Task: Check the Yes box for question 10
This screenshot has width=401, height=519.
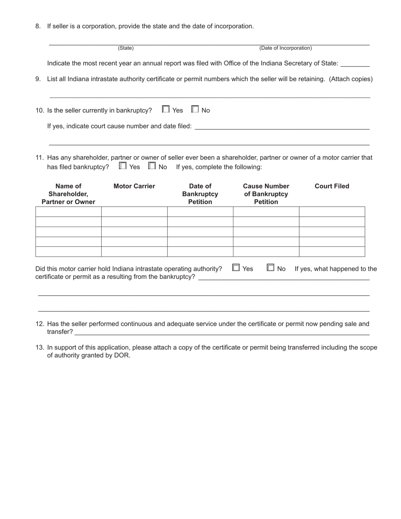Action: coord(166,109)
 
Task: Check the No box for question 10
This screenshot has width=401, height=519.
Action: coord(195,109)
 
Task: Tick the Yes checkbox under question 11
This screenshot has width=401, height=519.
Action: coord(122,166)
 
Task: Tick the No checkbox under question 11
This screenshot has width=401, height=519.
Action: coord(152,166)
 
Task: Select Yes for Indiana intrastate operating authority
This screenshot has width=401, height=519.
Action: coord(236,268)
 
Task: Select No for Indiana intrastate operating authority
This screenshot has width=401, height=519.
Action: coord(271,268)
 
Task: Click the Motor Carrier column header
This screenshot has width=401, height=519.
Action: coord(134,186)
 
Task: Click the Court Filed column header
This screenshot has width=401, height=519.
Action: coord(332,186)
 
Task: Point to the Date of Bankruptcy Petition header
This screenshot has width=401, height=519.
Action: coord(200,194)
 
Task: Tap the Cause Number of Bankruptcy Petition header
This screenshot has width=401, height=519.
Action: coord(266,194)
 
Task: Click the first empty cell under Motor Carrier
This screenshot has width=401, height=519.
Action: coord(134,212)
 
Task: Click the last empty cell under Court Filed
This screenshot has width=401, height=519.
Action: coord(332,252)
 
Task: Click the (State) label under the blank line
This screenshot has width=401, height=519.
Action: coord(126,48)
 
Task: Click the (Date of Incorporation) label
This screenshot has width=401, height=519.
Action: coord(286,48)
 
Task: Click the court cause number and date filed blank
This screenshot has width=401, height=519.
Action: coord(282,127)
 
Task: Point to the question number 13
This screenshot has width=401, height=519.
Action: coord(40,348)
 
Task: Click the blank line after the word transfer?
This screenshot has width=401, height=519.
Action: coord(222,332)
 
